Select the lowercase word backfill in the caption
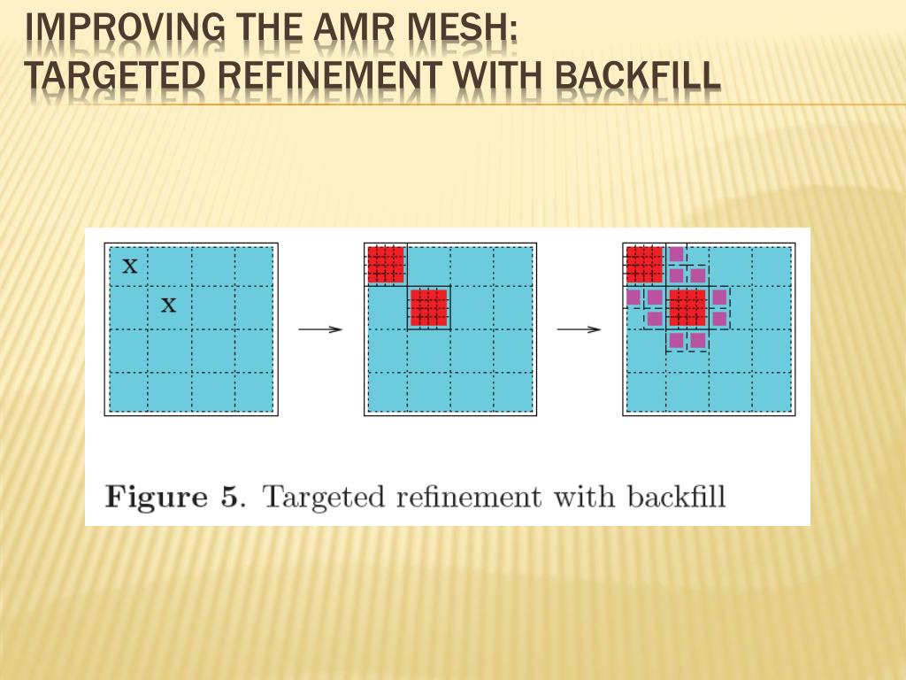click(676, 496)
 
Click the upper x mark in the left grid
click(130, 265)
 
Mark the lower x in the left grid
click(168, 306)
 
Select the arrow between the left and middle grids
click(320, 329)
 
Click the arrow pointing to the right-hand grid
click(579, 329)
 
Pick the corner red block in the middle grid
click(386, 264)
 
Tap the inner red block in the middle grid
click(429, 307)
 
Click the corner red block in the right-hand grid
click(644, 264)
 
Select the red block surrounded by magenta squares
click(687, 307)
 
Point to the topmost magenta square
click(677, 254)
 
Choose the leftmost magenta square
click(633, 297)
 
